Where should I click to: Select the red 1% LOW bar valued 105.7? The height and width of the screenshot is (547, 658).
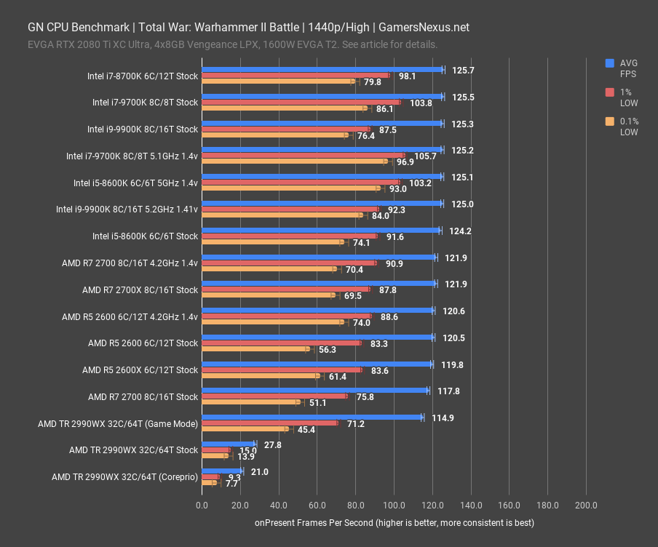click(x=303, y=156)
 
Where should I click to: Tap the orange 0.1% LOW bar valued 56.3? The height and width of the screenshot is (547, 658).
click(x=255, y=349)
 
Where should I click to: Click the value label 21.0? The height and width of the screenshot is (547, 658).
click(x=259, y=471)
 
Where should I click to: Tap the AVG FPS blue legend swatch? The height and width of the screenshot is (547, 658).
click(x=610, y=63)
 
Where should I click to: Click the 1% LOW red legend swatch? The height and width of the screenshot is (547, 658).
click(x=610, y=92)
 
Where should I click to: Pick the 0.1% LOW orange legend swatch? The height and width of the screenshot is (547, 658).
click(x=610, y=121)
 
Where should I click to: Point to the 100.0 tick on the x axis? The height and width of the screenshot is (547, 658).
click(x=394, y=505)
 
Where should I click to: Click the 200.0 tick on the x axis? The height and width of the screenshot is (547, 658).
click(x=586, y=505)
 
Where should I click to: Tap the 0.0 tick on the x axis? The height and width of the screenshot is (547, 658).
click(x=202, y=505)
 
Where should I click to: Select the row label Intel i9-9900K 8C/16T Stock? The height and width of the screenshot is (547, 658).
click(x=143, y=129)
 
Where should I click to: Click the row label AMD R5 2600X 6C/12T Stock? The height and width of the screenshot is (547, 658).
click(x=140, y=370)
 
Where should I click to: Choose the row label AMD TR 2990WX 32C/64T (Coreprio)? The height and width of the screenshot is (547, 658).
click(x=124, y=477)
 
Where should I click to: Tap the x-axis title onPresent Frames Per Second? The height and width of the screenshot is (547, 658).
click(x=394, y=523)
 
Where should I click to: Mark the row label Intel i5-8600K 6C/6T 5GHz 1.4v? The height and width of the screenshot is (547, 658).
click(x=135, y=183)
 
